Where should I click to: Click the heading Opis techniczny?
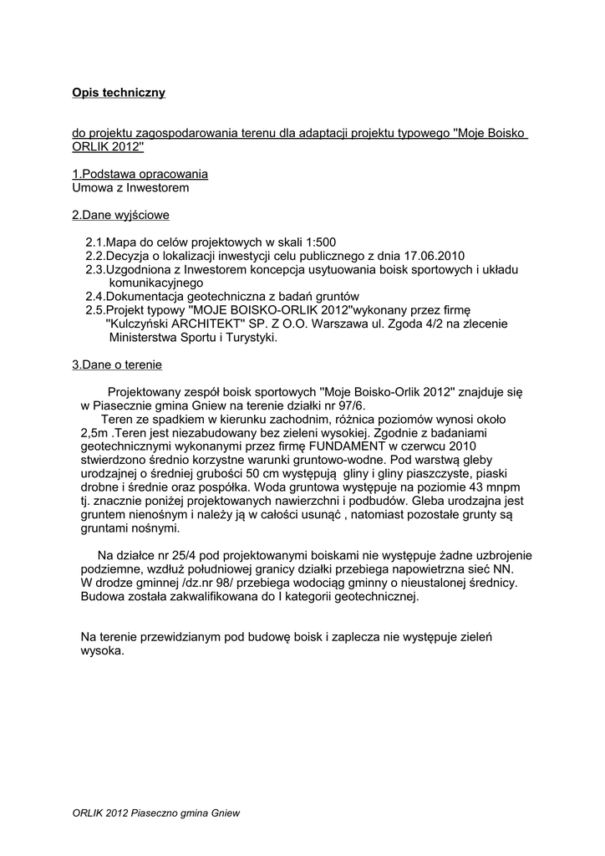click(119, 92)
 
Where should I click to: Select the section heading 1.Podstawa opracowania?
click(140, 174)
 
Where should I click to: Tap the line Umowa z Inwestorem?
click(130, 187)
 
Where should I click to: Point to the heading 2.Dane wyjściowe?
click(120, 215)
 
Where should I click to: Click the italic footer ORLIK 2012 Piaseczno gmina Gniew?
click(156, 812)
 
